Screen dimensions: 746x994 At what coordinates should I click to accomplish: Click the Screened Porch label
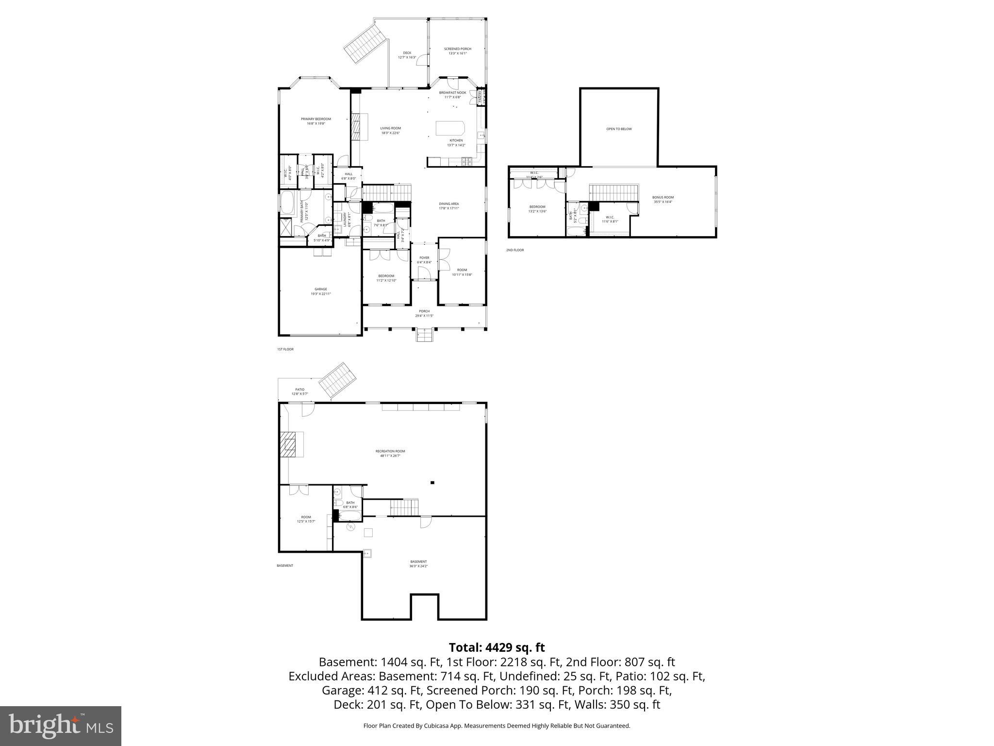(x=457, y=51)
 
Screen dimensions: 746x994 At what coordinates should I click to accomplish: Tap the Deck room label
(x=407, y=55)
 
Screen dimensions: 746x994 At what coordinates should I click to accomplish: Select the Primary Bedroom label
(x=315, y=121)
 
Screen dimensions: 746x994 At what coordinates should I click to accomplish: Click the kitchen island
(x=450, y=128)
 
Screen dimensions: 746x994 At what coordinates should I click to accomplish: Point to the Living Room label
(x=390, y=131)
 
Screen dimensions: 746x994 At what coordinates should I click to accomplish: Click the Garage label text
(x=320, y=291)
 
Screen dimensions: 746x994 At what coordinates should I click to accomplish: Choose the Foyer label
(x=424, y=260)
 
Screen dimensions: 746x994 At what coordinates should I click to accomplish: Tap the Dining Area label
(x=448, y=206)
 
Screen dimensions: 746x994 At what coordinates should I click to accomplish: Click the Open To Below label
(x=619, y=129)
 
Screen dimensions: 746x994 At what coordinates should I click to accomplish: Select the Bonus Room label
(x=663, y=199)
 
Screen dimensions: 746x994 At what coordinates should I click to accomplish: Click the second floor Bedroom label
(x=537, y=209)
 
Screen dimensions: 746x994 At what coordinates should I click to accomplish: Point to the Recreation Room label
(x=390, y=453)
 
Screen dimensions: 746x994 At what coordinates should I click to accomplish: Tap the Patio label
(x=300, y=391)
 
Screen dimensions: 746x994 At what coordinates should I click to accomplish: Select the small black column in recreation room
(x=432, y=482)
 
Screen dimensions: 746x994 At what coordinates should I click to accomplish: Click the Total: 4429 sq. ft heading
(x=497, y=647)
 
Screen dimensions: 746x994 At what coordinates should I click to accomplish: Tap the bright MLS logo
(x=61, y=726)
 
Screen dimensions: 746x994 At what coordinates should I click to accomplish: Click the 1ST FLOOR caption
(x=285, y=349)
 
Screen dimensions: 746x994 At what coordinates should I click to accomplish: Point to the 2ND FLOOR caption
(x=515, y=250)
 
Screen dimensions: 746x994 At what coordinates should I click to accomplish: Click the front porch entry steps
(x=424, y=335)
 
